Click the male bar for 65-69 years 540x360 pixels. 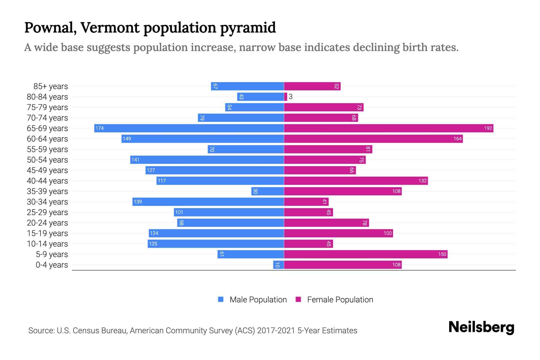coord(189,128)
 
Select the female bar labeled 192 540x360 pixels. coord(388,128)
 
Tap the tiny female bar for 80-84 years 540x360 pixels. coord(286,97)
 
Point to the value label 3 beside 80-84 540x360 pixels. coord(290,97)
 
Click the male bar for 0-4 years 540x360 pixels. coord(278,265)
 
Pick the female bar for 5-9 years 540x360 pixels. coord(365,254)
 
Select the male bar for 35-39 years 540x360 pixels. coord(268,191)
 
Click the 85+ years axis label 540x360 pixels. coord(50,86)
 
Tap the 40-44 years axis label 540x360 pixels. coord(47,181)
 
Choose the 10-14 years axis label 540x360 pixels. coord(47,244)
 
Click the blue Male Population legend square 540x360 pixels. coord(221,299)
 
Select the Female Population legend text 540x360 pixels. coord(340,300)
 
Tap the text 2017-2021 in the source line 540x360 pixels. coord(276,331)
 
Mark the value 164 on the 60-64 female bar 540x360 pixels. coord(457,139)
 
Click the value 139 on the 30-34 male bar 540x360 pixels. coord(138,202)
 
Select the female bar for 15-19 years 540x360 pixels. coord(338,233)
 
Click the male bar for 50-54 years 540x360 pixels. coord(207,160)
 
